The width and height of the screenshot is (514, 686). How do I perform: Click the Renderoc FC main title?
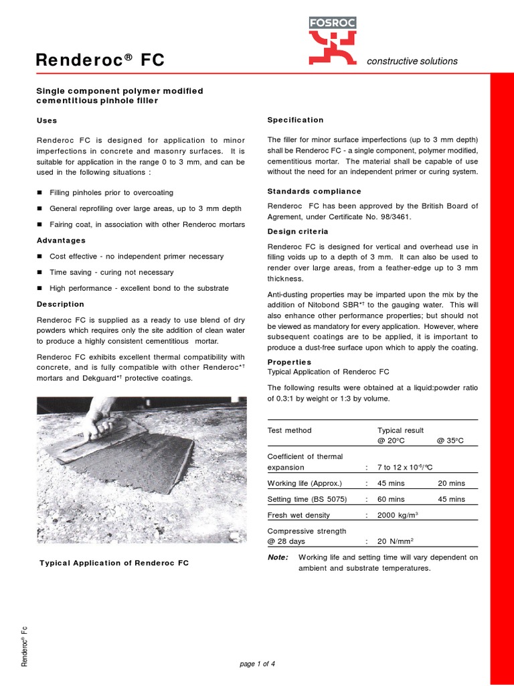point(100,61)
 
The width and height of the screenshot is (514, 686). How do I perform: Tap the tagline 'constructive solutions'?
point(412,61)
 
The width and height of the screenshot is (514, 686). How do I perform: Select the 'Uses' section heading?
point(46,121)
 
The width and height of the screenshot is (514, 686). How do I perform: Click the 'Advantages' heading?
point(61,240)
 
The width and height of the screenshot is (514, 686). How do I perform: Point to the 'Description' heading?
point(60,304)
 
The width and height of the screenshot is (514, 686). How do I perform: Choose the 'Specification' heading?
point(295,120)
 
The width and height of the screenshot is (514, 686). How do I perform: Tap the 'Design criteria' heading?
point(298,231)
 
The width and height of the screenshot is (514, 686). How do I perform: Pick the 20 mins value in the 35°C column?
point(451,483)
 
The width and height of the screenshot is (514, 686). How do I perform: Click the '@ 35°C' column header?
point(450,440)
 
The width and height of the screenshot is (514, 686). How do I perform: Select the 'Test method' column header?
point(289,430)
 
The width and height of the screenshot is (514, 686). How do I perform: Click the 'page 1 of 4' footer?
point(257,664)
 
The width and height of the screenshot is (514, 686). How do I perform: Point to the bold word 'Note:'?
point(278,557)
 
